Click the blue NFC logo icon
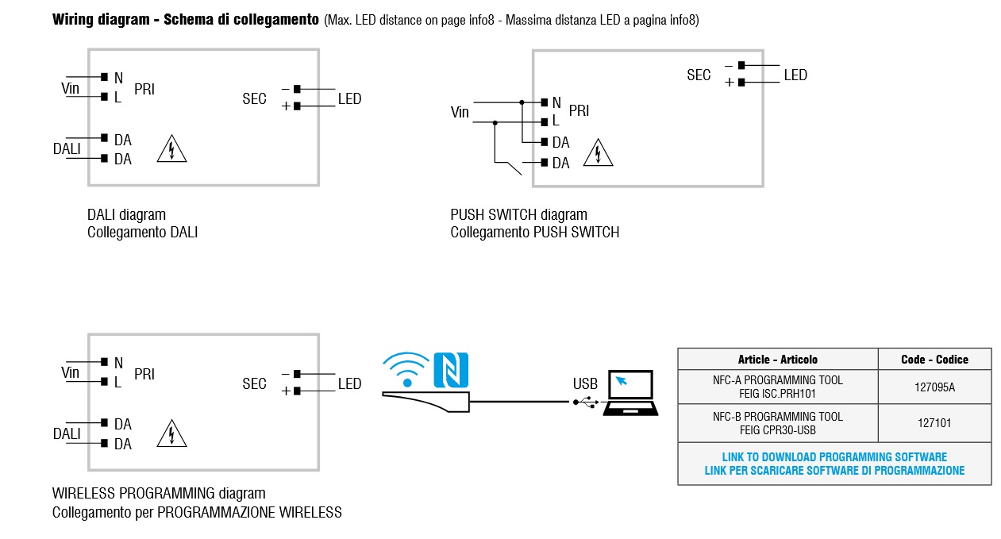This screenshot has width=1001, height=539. (451, 370)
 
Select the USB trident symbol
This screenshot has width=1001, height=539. (586, 402)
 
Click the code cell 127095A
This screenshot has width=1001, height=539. (934, 387)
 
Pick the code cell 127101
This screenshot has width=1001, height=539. (934, 423)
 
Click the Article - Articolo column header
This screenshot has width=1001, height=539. (777, 360)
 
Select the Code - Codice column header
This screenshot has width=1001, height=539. (934, 360)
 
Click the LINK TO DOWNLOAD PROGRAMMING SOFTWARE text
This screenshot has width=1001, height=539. (834, 457)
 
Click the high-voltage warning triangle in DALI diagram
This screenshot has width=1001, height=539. (171, 149)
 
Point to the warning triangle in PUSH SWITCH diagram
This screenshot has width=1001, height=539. (598, 152)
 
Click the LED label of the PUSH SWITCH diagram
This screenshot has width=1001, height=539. (795, 75)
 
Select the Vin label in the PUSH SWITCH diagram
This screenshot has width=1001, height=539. (460, 113)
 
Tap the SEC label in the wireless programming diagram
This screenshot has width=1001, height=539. (254, 384)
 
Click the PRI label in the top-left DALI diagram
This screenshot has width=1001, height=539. (144, 90)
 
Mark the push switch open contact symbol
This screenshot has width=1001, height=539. (508, 167)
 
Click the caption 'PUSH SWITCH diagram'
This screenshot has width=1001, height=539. (518, 215)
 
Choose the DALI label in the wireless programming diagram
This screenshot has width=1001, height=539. (67, 434)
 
